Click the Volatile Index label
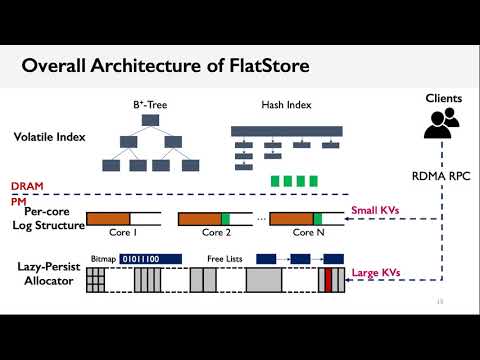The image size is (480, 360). (48, 137)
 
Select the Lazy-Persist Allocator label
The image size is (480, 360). (48, 273)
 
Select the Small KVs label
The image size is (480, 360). (375, 211)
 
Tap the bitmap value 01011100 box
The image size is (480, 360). (150, 258)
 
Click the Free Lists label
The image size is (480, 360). (226, 258)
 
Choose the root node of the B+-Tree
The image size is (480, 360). (151, 119)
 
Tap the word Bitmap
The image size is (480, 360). (102, 258)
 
